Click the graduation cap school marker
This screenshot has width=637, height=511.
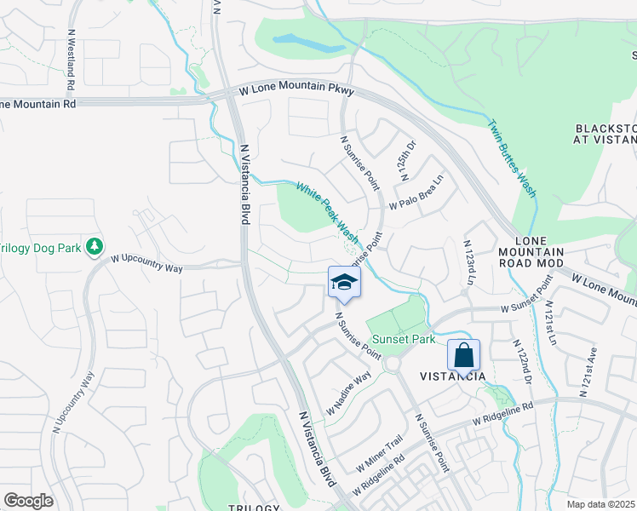[x=344, y=284]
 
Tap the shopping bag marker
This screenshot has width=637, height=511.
[x=463, y=355]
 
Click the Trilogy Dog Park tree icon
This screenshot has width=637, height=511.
[x=95, y=247]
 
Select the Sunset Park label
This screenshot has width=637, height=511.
[x=400, y=339]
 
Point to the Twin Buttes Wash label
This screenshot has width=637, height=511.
[x=511, y=158]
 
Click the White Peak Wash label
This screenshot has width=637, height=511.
[x=327, y=210]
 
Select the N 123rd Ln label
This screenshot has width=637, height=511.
[x=469, y=263]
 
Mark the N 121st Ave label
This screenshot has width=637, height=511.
[x=585, y=373]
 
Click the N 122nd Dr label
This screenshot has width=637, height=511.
[x=521, y=362]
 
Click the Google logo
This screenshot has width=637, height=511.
[x=28, y=501]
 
